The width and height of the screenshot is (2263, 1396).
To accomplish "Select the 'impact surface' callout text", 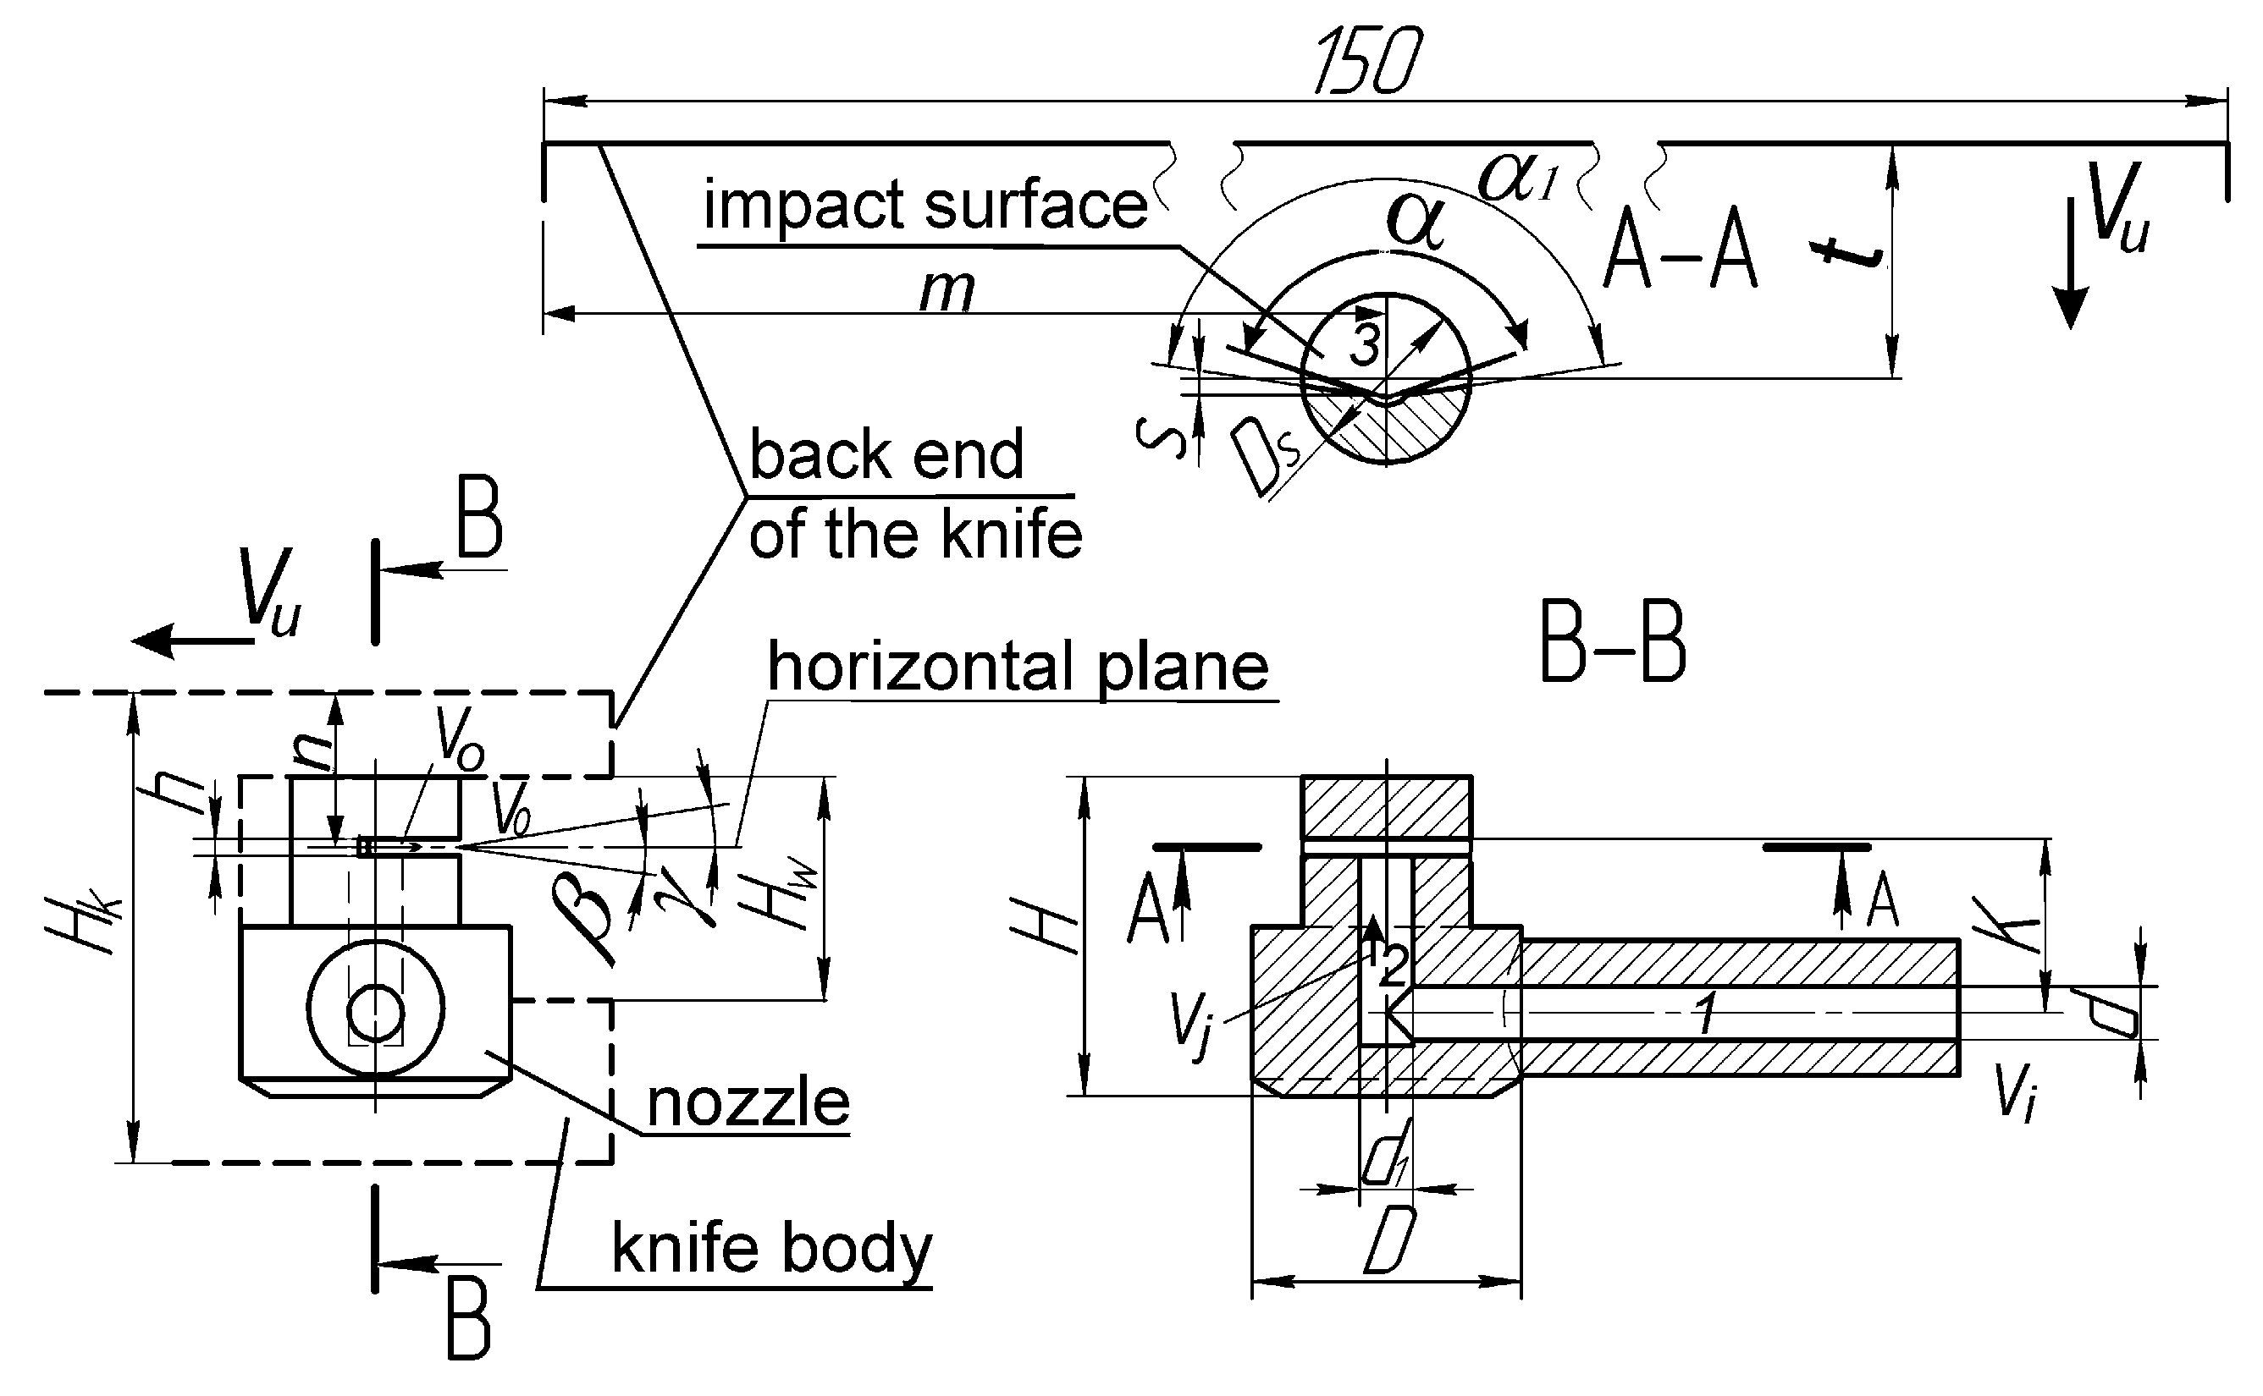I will (x=925, y=205).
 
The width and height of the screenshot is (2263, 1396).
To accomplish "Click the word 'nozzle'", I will (x=748, y=1102).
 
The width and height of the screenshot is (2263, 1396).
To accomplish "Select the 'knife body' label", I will (x=771, y=1248).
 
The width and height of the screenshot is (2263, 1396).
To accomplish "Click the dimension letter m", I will (x=947, y=292).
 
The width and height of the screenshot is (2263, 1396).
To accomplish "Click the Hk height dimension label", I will (x=83, y=923).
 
